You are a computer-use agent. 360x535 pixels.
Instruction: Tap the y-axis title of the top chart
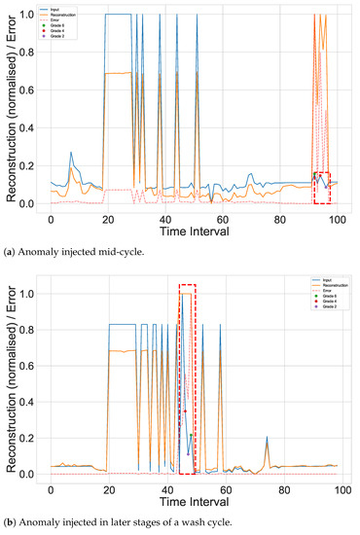click(12, 109)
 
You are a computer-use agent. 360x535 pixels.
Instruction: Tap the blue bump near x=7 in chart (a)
click(70, 154)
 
